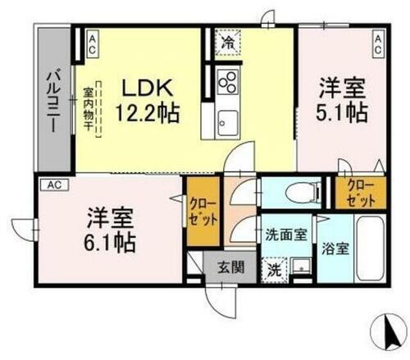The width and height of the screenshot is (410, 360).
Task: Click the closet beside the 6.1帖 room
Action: [x=200, y=212]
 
